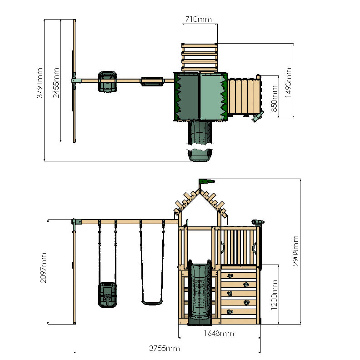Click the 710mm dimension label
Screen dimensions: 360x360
[199, 19]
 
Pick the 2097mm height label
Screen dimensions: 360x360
[43, 268]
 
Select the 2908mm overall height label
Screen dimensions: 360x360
[295, 250]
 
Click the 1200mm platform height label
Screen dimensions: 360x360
[274, 294]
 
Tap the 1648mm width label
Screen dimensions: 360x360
[219, 333]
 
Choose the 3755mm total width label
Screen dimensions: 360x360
[165, 348]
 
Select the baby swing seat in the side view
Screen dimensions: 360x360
[105, 294]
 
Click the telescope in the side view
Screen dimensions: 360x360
[258, 222]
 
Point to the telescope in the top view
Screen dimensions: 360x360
[257, 117]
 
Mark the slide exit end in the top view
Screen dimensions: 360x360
[200, 155]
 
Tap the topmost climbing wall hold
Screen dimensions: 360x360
[230, 275]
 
